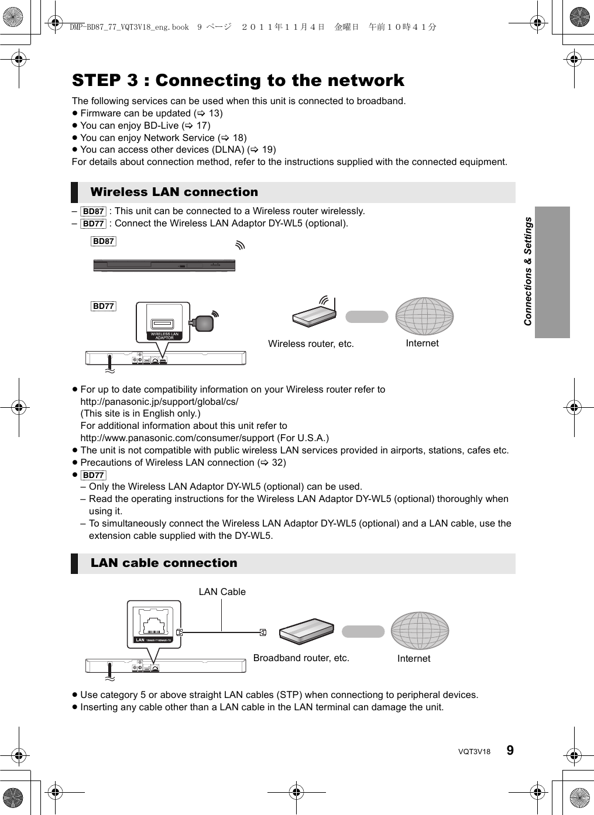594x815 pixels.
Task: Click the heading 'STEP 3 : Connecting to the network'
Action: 238,80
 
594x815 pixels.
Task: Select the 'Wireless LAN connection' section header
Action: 174,192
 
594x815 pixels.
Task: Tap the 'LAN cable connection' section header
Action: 164,563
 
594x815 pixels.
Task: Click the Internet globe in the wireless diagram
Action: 424,317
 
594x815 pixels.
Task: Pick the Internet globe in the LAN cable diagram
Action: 420,631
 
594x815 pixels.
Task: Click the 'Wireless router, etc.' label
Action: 311,344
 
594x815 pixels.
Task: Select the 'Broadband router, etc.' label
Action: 301,658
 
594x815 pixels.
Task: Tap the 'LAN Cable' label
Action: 222,592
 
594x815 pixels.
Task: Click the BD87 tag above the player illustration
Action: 104,241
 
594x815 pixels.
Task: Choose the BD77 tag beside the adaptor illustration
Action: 104,306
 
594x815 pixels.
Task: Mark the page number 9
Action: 510,750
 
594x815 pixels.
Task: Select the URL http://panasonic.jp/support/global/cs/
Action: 159,401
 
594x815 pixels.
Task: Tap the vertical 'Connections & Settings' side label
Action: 528,271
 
